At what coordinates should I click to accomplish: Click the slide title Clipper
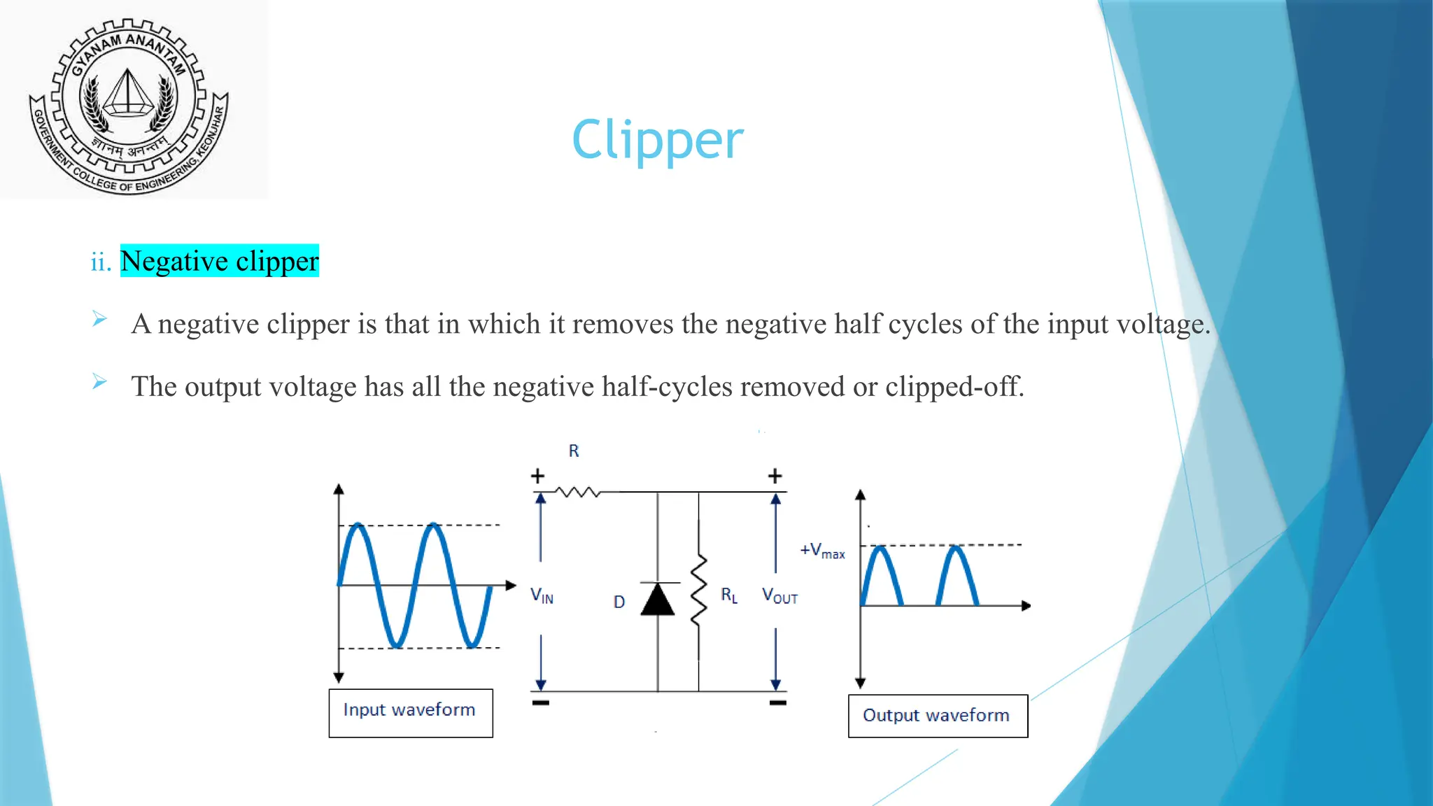tap(657, 140)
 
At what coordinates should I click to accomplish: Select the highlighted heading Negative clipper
tap(219, 261)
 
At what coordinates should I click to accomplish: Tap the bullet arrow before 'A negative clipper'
tap(99, 320)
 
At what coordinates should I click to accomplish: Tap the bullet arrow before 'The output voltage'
tap(99, 382)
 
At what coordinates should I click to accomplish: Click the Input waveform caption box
tap(410, 712)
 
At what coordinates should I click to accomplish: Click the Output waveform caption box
tap(937, 716)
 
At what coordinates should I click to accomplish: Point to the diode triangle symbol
tap(658, 600)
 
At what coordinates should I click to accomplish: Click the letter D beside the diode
tap(619, 602)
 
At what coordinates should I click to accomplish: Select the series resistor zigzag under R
tap(578, 493)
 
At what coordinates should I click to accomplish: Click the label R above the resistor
tap(574, 451)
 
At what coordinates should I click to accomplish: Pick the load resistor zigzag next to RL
tap(698, 591)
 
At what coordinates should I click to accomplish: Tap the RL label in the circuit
tap(729, 595)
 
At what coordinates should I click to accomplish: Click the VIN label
tap(542, 596)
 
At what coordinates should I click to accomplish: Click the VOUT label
tap(779, 596)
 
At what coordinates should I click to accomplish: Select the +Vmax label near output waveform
tap(822, 551)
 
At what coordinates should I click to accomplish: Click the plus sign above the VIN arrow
tap(537, 476)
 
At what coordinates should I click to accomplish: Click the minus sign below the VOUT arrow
tap(777, 702)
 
